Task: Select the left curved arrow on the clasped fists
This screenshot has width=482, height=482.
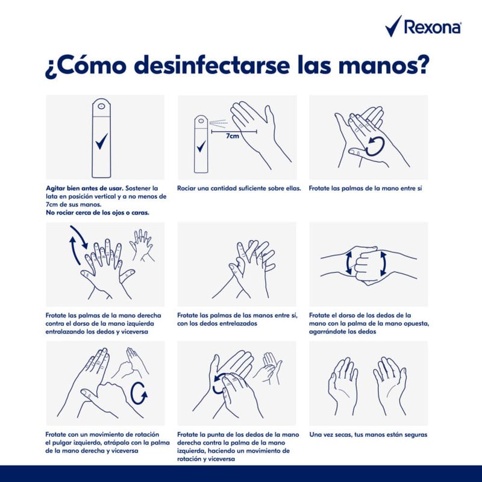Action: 348,263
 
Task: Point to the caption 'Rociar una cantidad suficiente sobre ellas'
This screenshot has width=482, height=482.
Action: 239,189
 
